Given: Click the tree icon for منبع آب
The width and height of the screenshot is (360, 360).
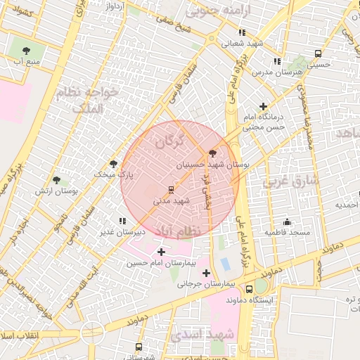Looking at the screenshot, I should [x=27, y=51].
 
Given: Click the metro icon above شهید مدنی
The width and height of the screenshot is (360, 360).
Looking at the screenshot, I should [x=170, y=189].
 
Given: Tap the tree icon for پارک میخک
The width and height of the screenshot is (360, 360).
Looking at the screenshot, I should [x=114, y=163].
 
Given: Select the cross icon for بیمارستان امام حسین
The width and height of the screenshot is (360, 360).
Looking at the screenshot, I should [x=162, y=252].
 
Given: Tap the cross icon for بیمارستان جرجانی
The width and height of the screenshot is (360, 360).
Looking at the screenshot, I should [x=206, y=273].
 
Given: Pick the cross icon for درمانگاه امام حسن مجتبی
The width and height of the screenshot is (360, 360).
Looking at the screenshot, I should [x=263, y=106].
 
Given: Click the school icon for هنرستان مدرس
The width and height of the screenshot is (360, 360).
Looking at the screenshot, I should [x=277, y=62].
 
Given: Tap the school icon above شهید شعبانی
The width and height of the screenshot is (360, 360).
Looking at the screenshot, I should [x=242, y=32].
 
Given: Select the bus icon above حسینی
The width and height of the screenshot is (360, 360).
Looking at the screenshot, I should [x=318, y=53].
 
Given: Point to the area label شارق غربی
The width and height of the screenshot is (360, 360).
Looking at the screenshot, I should [x=290, y=181].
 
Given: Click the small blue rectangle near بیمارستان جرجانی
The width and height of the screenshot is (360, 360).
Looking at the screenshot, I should [x=225, y=264].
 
